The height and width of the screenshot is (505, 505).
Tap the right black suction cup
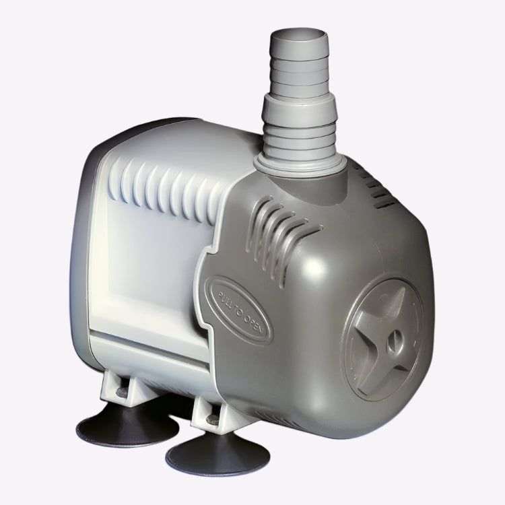click(x=217, y=452)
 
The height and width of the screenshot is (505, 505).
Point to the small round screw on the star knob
click(x=395, y=340)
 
